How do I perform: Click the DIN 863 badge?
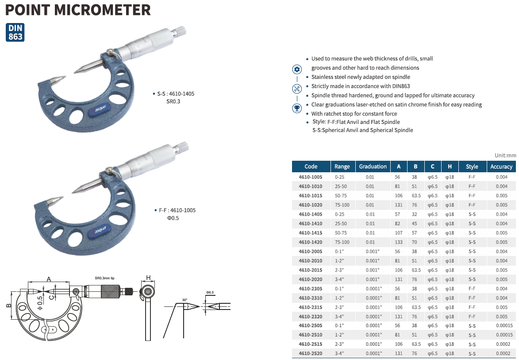pos(15,32)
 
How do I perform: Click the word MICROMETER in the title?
pos(102,10)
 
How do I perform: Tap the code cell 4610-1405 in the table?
pos(311,214)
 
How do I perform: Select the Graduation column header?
pos(373,166)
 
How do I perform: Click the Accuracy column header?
pos(501,166)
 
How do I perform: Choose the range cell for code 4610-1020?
pos(342,205)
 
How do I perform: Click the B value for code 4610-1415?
pos(414,233)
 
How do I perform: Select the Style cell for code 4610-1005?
pos(472,177)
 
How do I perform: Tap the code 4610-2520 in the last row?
pos(311,353)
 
